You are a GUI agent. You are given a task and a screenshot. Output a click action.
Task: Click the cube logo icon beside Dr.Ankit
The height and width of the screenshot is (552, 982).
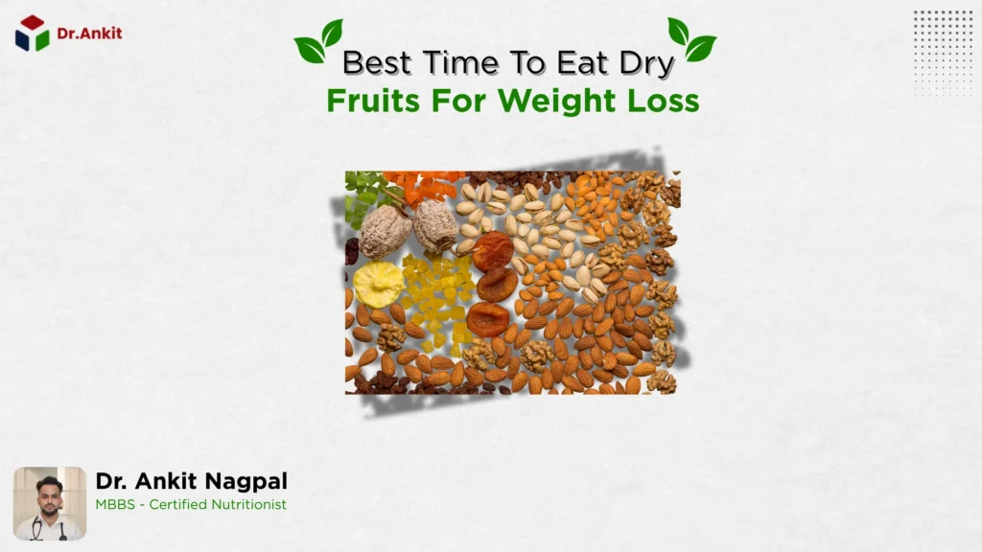pos(32,34)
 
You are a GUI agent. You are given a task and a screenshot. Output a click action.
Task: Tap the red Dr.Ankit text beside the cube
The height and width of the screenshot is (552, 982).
pos(89,34)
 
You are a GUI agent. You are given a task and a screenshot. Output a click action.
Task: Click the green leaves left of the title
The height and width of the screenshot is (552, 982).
pos(317,41)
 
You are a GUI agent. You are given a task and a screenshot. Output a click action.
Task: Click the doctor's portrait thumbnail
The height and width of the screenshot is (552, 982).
pos(50,503)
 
